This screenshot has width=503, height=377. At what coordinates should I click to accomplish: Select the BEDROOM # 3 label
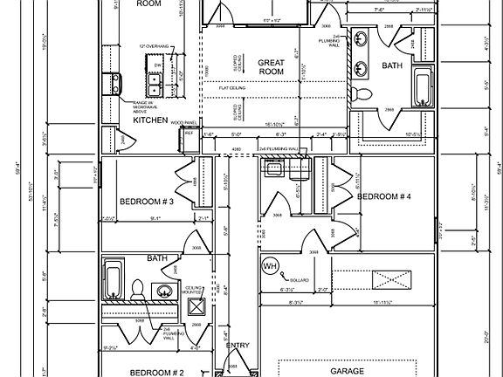[147, 202]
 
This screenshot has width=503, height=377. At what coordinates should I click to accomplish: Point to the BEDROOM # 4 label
[383, 195]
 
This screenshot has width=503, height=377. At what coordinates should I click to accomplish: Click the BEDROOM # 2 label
[157, 372]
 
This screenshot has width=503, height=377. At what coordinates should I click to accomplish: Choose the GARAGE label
[346, 371]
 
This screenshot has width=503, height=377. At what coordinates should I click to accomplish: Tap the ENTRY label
[238, 346]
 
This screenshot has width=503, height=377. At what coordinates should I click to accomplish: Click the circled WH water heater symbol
[269, 264]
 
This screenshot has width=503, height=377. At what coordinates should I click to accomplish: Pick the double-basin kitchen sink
[155, 84]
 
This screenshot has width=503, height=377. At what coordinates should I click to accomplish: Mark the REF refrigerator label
[189, 133]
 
